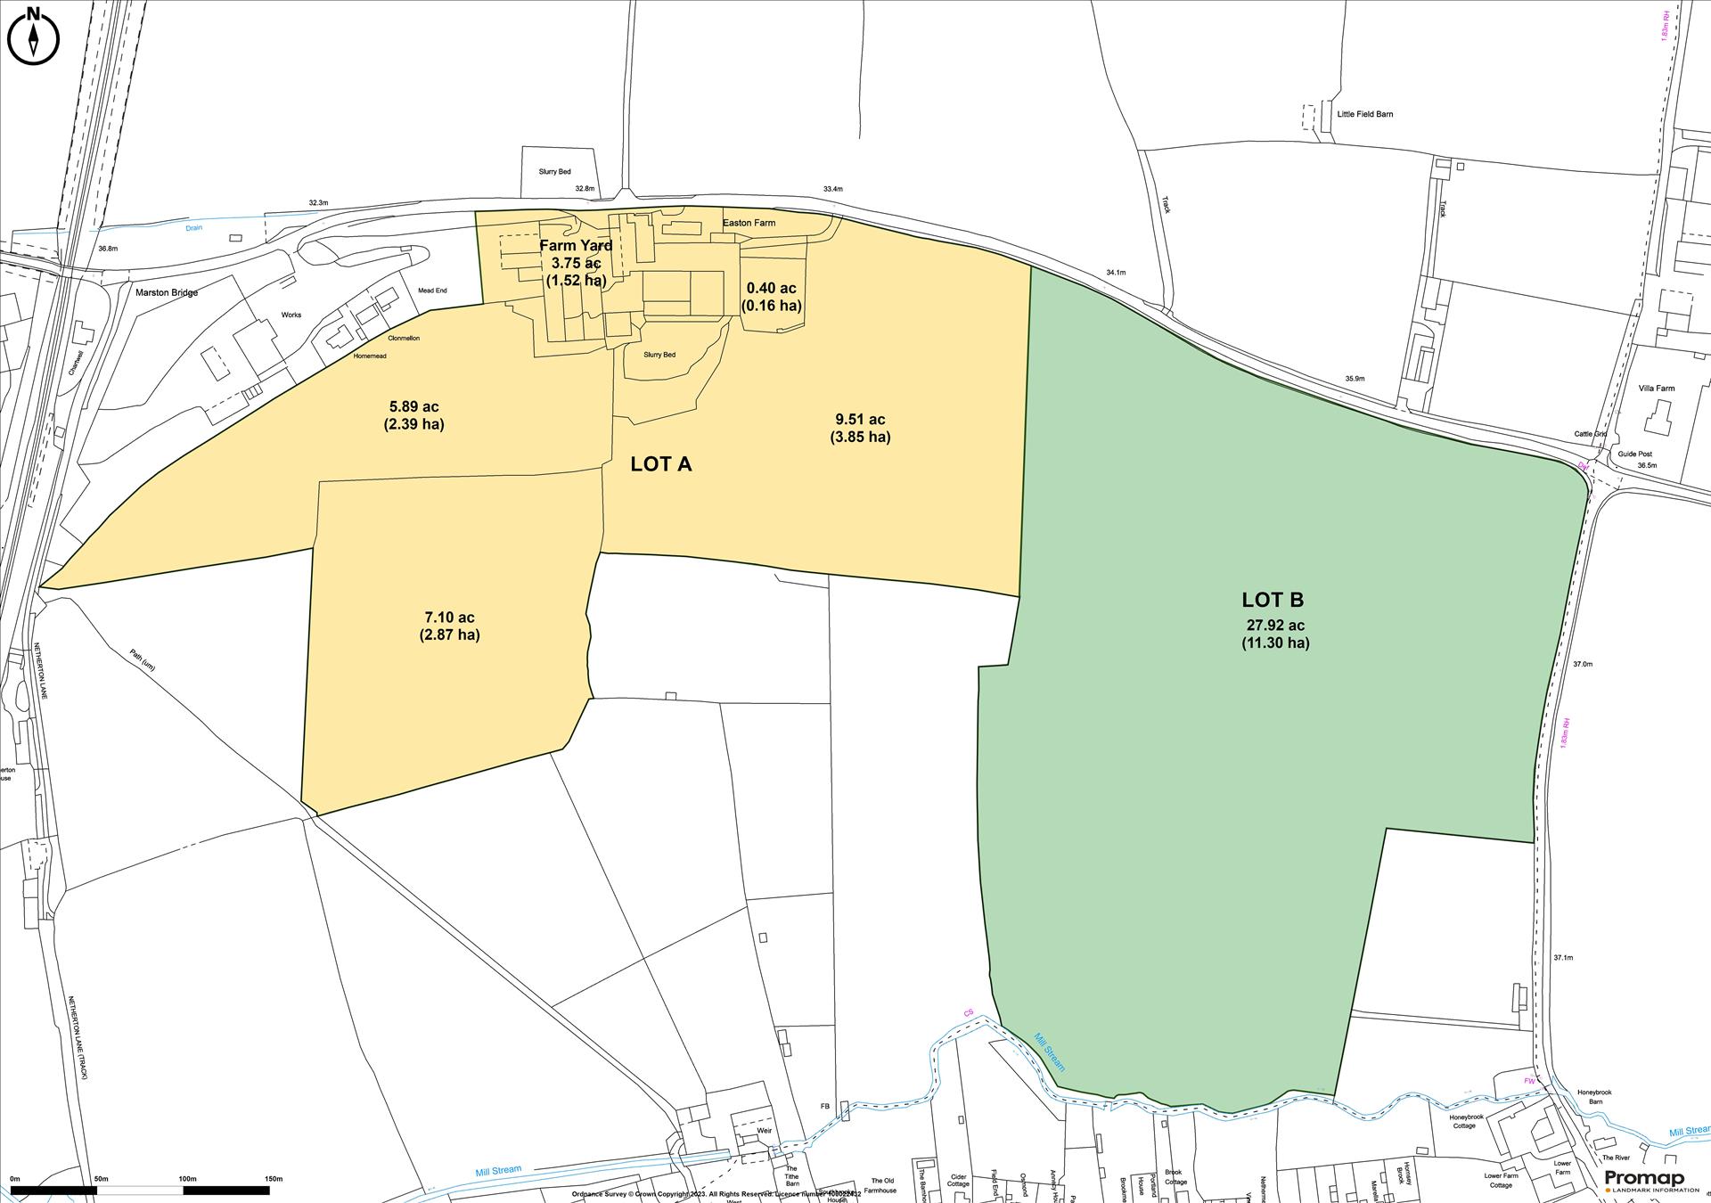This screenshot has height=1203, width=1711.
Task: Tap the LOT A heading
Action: tap(660, 464)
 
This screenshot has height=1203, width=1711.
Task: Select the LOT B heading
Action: tap(1273, 600)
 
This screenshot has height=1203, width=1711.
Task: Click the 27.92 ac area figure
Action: tap(1275, 626)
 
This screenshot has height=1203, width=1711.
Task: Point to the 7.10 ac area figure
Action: tap(449, 618)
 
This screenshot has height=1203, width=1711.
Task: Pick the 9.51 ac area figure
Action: tap(860, 420)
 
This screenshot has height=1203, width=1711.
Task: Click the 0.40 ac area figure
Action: tap(771, 289)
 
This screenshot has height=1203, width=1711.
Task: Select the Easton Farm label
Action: tap(749, 223)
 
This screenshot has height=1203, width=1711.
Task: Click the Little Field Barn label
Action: tap(1364, 114)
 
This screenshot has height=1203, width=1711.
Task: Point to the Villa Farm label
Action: tap(1657, 389)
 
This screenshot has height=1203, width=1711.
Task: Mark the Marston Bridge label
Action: tap(167, 292)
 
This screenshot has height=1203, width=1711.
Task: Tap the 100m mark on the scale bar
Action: tap(187, 1179)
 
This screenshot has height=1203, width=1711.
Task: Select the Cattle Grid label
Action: tap(1590, 434)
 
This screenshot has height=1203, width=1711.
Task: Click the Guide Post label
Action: tap(1634, 454)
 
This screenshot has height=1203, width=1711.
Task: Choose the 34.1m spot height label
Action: tap(1116, 272)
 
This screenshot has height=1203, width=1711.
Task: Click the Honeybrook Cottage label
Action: tap(1466, 1121)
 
